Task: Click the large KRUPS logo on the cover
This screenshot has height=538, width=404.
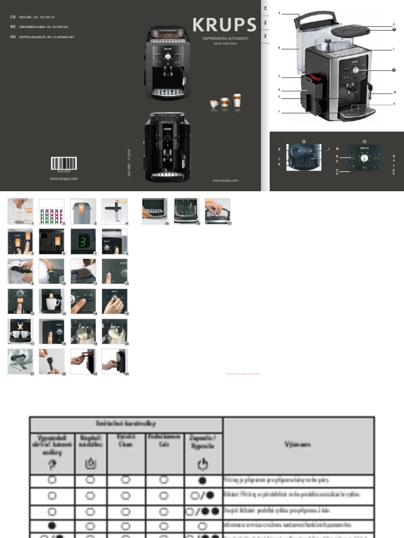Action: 224,25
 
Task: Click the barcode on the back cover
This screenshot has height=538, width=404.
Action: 64,163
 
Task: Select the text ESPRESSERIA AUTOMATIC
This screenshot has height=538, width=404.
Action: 226,39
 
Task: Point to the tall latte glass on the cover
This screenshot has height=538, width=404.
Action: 237,100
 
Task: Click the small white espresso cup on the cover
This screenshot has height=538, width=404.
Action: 214,104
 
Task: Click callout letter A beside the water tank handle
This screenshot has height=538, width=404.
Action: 279,12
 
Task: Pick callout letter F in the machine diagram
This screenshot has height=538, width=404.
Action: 279,111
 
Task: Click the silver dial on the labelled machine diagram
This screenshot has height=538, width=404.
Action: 356,70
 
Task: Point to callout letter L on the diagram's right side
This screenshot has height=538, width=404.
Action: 393,49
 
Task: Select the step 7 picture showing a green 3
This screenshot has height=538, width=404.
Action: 83,241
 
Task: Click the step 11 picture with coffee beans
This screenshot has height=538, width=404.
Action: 83,272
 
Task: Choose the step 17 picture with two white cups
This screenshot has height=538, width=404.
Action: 20,331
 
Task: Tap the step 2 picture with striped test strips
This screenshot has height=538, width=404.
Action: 52,211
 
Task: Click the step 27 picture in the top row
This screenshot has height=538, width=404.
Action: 217,211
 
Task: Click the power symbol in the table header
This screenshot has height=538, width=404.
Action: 203,464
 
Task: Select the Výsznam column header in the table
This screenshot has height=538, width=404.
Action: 298,444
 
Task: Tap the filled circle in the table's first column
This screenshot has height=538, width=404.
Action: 52,524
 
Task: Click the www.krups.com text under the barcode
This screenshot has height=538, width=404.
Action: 64,179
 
